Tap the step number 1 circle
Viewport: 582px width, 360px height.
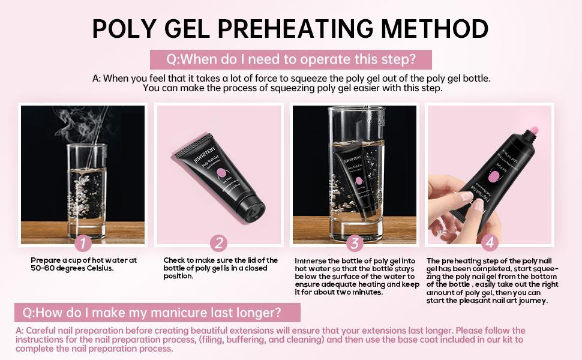point(83,243)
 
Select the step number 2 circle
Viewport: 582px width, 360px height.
point(219,243)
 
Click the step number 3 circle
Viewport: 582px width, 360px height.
point(355,243)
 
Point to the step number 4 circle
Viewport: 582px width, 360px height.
point(490,243)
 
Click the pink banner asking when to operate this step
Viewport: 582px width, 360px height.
point(291,59)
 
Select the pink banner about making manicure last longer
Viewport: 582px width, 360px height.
point(157,313)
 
